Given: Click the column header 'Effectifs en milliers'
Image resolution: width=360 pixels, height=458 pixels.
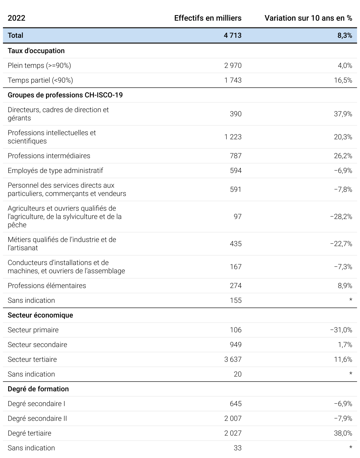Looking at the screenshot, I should [x=208, y=18].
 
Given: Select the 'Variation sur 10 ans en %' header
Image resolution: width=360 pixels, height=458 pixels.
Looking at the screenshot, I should [x=308, y=18].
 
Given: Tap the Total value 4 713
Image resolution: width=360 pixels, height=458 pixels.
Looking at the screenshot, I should [x=233, y=35].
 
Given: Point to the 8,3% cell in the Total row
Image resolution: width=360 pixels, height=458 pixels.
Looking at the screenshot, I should [x=345, y=35].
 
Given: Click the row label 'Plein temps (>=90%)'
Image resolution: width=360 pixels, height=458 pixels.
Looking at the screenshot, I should [x=39, y=66].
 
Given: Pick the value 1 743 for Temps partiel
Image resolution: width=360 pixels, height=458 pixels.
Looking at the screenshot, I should [x=233, y=80].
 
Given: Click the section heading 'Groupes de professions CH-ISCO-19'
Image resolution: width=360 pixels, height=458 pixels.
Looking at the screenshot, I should [x=65, y=95].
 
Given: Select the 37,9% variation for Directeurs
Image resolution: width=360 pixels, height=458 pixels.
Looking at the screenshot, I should [x=343, y=114].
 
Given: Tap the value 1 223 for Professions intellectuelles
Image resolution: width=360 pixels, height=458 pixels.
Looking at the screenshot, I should [x=233, y=137].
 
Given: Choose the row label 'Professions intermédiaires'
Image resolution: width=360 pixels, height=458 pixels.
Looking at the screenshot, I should [x=49, y=156].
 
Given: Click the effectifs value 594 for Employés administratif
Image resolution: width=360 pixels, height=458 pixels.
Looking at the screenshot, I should [x=235, y=171].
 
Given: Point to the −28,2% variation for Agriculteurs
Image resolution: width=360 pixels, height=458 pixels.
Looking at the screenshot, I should [x=341, y=217].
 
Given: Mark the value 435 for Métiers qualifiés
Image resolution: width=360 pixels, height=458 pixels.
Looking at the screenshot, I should [x=235, y=244].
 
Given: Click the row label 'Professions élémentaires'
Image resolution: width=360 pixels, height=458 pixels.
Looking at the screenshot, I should [x=47, y=286].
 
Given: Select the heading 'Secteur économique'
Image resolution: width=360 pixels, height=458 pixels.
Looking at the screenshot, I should [x=40, y=315].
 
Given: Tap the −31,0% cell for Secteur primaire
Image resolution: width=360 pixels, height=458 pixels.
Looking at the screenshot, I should [x=341, y=330].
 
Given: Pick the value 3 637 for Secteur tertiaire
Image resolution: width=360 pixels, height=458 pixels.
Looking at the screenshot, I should [x=233, y=359].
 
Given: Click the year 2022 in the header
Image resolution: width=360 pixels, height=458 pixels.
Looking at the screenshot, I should [x=17, y=18].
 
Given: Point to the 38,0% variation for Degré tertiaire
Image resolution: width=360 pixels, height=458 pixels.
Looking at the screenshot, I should [x=343, y=433].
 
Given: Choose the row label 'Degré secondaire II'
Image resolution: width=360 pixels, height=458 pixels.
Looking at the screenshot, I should [x=37, y=418].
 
